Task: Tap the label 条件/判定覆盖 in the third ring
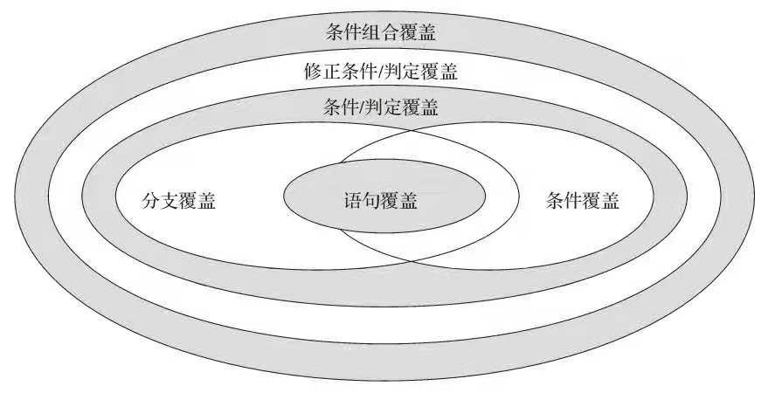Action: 381,107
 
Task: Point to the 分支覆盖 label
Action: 178,202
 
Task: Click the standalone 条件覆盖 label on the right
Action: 583,202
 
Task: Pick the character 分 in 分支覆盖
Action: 151,202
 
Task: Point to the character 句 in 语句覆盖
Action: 371,202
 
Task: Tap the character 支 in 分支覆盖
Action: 170,202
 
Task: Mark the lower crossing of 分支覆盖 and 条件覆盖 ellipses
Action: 412,259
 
